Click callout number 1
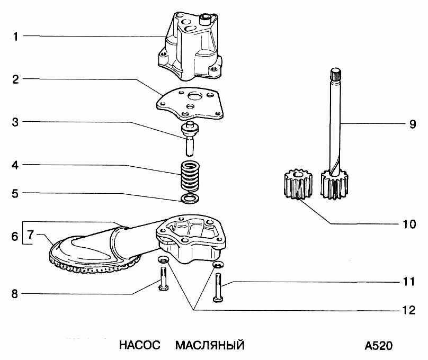pos(15,37)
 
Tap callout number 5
pos(15,194)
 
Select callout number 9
pos(413,124)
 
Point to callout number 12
pos(409,310)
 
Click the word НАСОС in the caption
pos(139,345)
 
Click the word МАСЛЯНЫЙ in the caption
pos(210,345)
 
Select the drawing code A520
pos(379,346)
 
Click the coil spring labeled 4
pos(190,176)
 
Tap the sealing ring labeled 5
pos(190,199)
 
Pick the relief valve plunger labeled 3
pos(190,139)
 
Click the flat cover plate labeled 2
pos(190,104)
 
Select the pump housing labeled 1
pos(190,47)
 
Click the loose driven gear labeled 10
pos(298,184)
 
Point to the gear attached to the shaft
pos(334,184)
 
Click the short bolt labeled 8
pos(163,279)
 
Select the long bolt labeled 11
pos(218,287)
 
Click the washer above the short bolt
pos(163,259)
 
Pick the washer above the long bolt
pos(218,264)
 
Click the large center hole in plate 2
pos(194,96)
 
